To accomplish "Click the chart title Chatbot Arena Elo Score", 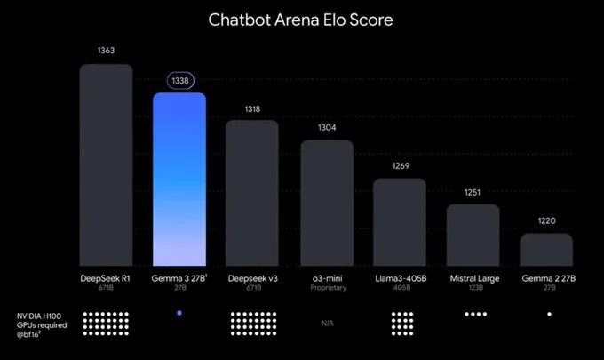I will (302, 19).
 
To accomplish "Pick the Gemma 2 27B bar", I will (546, 250).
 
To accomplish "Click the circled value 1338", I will (179, 81).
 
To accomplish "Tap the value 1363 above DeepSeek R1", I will (106, 51).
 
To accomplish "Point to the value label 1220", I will (546, 220).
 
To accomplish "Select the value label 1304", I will (326, 127).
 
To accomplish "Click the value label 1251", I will (473, 191).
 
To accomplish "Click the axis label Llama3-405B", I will (400, 278).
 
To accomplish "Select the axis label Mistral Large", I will (473, 278).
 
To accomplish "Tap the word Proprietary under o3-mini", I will (326, 289).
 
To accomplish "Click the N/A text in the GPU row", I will (326, 323).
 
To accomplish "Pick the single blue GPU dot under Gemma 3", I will (179, 314).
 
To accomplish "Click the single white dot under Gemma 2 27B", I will (549, 314).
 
